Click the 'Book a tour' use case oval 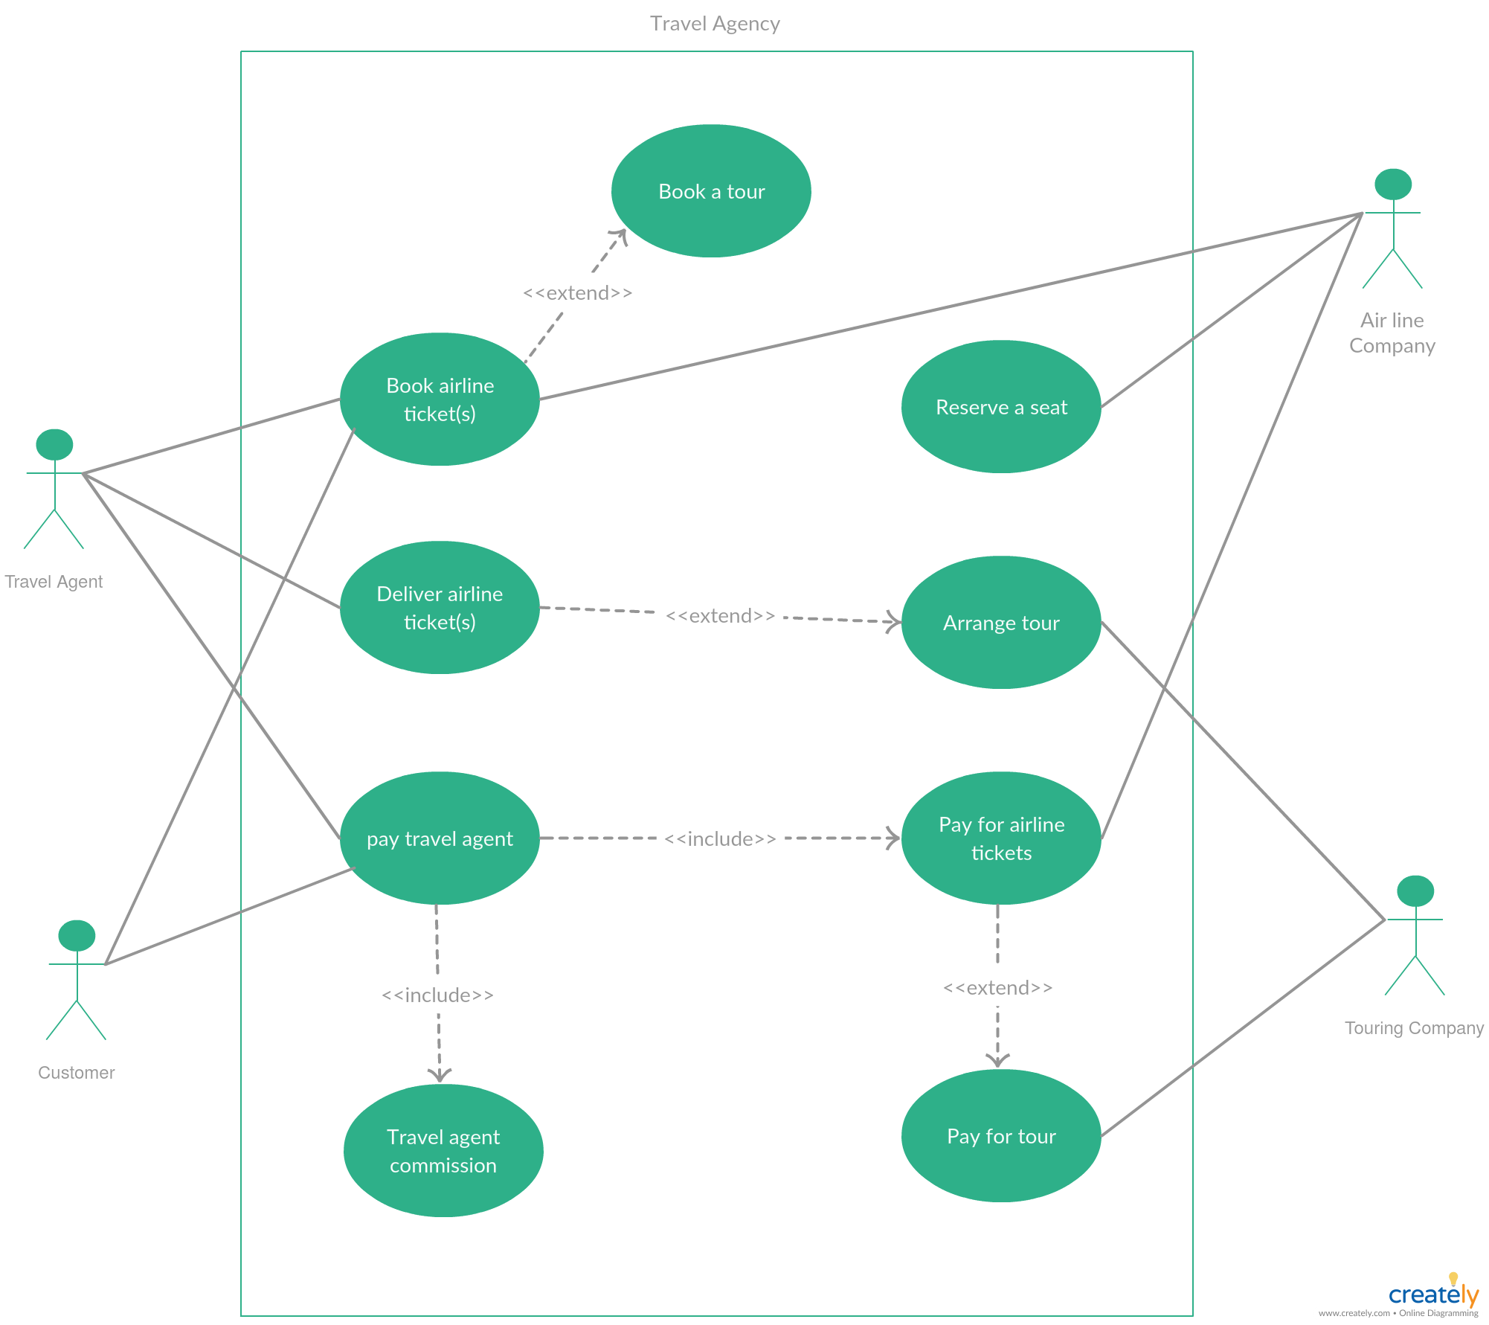point(710,191)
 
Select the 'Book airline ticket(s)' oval point(440,400)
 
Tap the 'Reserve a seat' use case point(1000,407)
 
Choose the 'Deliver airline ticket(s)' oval point(440,608)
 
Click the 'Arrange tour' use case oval point(1000,623)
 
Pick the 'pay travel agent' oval point(440,838)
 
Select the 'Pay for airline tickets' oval point(1000,838)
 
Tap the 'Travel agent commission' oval point(443,1151)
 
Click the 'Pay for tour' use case point(1000,1136)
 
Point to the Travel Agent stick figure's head point(54,445)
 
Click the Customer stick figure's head point(77,936)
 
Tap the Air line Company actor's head point(1393,185)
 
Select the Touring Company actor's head point(1415,891)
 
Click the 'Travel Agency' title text point(715,24)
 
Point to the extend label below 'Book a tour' point(577,293)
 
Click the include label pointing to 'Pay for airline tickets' point(720,839)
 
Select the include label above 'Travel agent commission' point(437,995)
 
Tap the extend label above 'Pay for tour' point(997,988)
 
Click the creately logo point(1433,1294)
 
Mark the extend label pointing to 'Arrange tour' point(720,616)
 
